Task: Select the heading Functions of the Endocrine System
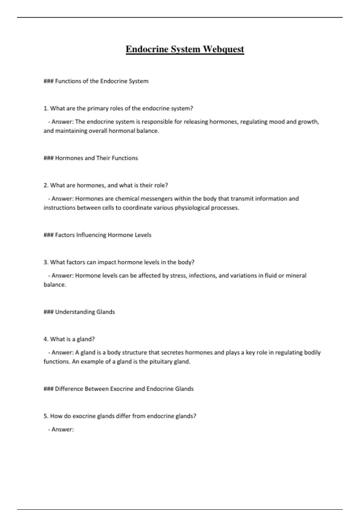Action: point(101,81)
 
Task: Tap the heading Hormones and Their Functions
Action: point(96,158)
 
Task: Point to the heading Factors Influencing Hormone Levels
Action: point(103,235)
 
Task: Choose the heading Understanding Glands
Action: point(85,312)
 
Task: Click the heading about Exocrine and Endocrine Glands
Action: point(124,389)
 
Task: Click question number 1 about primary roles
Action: point(118,108)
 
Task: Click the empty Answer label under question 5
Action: point(62,430)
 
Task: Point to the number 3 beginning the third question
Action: point(46,262)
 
